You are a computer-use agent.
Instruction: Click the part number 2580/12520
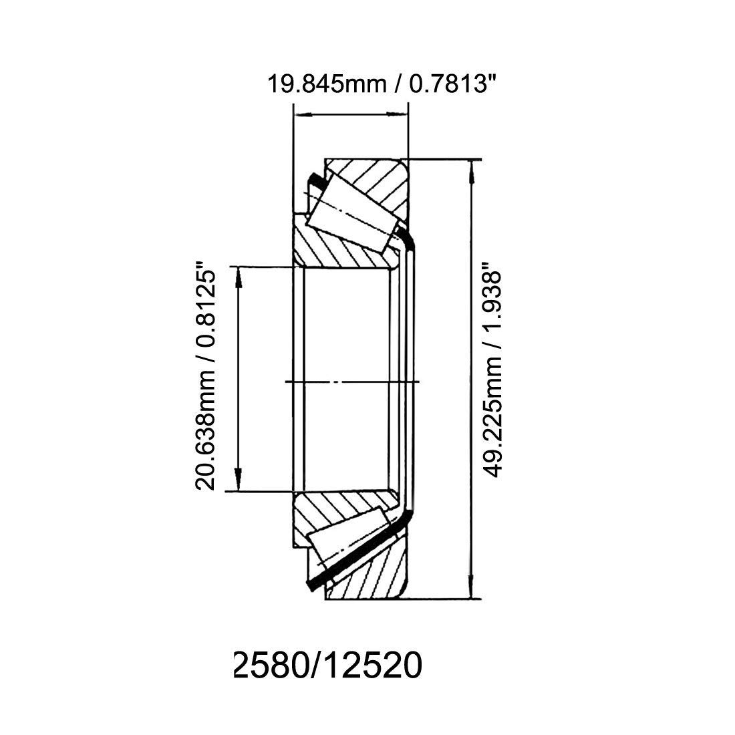click(326, 666)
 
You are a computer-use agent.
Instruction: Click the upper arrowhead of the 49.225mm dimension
click(472, 168)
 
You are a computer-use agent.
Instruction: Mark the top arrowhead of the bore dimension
click(238, 276)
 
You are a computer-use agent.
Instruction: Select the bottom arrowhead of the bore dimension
click(238, 482)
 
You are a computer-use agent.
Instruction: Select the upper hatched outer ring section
click(374, 180)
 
